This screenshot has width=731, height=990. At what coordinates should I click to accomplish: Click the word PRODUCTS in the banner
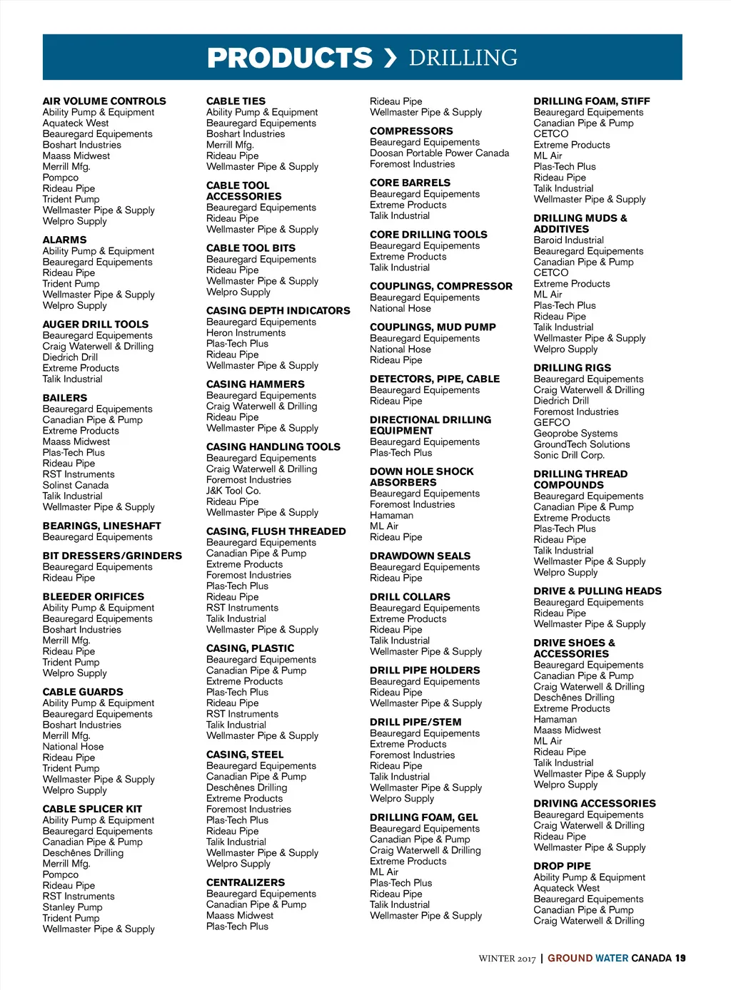(x=289, y=58)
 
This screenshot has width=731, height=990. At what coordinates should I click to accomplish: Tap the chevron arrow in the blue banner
(x=390, y=58)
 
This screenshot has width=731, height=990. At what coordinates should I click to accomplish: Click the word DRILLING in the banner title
(x=463, y=58)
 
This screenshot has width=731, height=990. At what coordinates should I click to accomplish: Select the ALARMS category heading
(x=64, y=240)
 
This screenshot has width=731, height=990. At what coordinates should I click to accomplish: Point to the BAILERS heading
(x=64, y=398)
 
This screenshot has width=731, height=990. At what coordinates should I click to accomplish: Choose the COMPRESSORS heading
(x=411, y=131)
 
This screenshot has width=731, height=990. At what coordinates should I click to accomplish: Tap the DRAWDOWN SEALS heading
(x=420, y=556)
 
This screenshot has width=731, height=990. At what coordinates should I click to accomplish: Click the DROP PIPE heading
(x=562, y=866)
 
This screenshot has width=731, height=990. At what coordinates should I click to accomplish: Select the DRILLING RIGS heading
(x=572, y=368)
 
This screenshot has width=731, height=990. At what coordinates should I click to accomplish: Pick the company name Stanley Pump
(x=72, y=907)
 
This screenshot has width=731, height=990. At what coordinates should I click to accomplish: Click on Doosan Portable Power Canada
(x=439, y=153)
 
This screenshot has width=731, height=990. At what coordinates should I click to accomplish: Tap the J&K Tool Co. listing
(x=233, y=491)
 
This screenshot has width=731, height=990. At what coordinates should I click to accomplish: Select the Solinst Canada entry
(x=75, y=485)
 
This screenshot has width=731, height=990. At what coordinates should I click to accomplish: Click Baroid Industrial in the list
(x=568, y=240)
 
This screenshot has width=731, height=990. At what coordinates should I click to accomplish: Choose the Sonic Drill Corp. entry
(x=568, y=455)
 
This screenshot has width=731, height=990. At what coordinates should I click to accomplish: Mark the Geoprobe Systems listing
(x=575, y=434)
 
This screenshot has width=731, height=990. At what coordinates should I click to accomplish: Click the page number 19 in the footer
(x=680, y=958)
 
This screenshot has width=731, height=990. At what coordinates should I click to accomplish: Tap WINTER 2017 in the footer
(x=506, y=959)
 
